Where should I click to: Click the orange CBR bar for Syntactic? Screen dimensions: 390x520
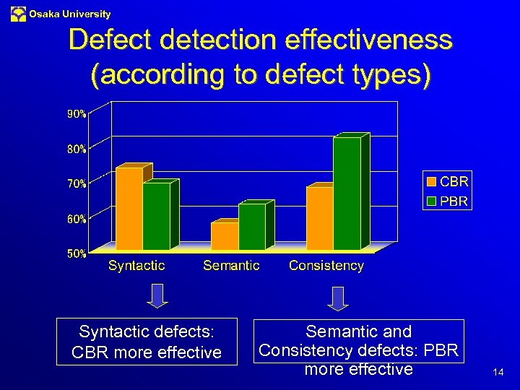point(129,209)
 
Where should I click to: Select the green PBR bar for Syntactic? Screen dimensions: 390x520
point(156,216)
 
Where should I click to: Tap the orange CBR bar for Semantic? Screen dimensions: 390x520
point(225,236)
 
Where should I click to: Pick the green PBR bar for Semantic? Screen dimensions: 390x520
point(251,227)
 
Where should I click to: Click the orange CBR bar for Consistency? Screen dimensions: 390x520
point(319,218)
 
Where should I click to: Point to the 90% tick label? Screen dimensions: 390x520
point(77,114)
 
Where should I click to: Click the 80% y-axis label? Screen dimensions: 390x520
point(77,149)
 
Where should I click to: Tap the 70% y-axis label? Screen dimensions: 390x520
point(77,183)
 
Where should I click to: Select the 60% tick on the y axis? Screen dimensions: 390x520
point(77,218)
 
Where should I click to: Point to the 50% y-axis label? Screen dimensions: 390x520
point(77,253)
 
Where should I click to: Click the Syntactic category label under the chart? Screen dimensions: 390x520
point(136,266)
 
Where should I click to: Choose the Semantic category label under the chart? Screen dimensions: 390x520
point(231,266)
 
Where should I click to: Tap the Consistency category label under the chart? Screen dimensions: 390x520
point(326,266)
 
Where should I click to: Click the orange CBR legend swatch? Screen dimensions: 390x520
point(431,182)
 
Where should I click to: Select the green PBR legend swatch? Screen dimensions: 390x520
point(431,201)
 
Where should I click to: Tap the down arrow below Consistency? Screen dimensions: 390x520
point(337,298)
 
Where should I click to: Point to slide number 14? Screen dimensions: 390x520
point(498,373)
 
